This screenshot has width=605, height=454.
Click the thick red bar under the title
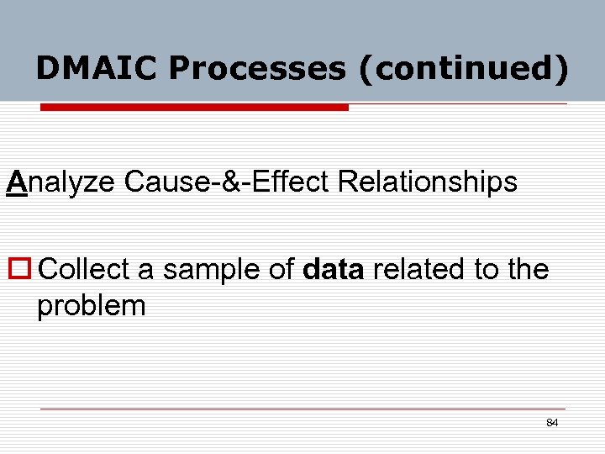[194, 108]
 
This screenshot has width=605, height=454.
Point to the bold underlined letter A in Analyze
[17, 181]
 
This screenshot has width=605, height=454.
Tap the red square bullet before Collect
[20, 270]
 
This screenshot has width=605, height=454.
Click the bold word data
[333, 270]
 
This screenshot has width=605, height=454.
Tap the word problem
[91, 306]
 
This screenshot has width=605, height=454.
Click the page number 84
[551, 422]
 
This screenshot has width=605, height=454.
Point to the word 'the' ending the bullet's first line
[528, 270]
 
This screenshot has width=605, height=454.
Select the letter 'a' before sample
[145, 270]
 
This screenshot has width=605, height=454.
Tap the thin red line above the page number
[302, 409]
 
